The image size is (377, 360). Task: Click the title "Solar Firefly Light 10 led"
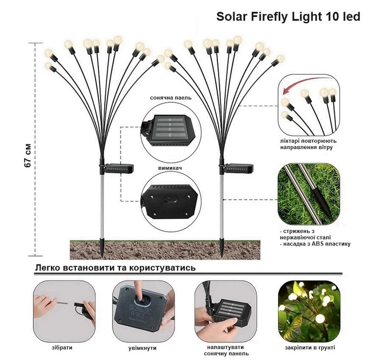coord(288,17)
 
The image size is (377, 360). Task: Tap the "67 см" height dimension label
coord(27,155)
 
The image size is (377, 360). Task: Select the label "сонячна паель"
coord(170,98)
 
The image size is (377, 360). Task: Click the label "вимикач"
coord(170,168)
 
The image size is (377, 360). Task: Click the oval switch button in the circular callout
coord(170,199)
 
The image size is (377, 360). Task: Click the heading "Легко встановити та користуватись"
coord(116,267)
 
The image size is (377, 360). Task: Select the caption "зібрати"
coord(62,347)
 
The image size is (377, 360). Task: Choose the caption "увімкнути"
coord(142,348)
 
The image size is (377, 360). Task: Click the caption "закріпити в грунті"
coord(310,347)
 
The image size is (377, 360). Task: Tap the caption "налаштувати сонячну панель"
coord(225,350)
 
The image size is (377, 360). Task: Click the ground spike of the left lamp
coord(102,247)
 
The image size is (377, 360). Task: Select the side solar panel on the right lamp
coord(238,168)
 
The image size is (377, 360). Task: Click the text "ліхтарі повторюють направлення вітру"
coord(308,144)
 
